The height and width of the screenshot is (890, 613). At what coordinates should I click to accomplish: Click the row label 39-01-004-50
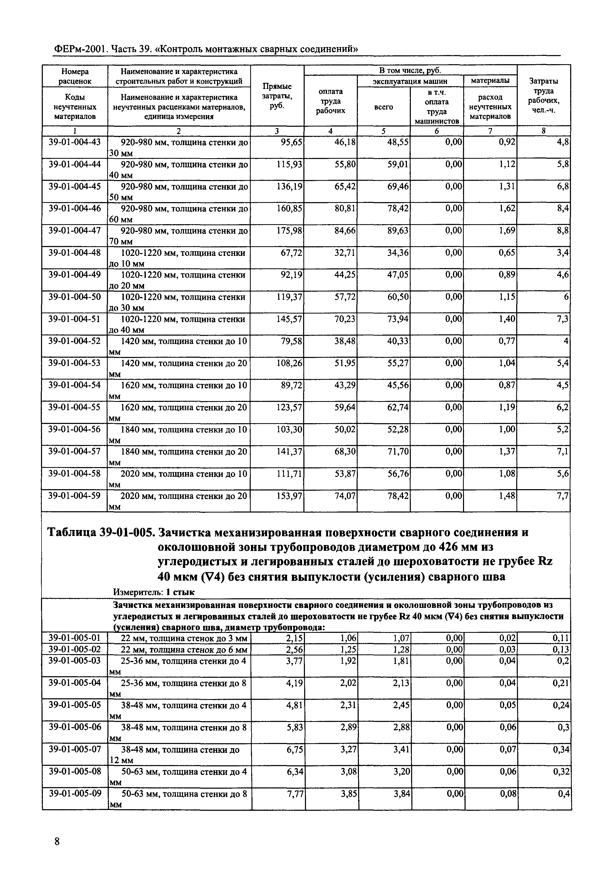coord(74,297)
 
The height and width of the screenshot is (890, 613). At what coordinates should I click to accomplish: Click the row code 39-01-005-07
coord(74,750)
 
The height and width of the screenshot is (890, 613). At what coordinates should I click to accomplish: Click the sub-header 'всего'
coord(383,107)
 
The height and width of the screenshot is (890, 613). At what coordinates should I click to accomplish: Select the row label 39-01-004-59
coord(74,496)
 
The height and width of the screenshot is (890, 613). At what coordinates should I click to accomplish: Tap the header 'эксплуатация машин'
coord(410,81)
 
